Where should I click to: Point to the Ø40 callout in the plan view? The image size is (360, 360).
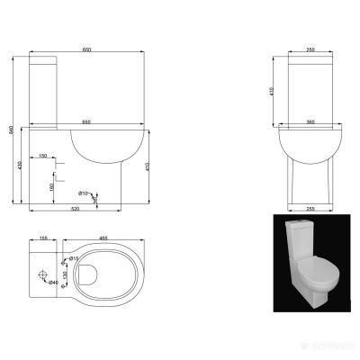(x=54, y=283)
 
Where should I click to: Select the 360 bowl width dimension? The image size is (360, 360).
(x=310, y=121)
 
